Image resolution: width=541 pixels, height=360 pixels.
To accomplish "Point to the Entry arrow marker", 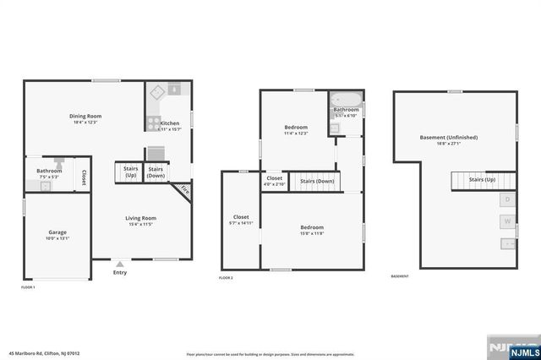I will pos(119,264).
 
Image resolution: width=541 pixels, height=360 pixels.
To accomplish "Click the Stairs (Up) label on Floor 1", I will pos(130,172).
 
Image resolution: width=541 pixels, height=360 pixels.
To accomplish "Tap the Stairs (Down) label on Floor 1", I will pos(156,172).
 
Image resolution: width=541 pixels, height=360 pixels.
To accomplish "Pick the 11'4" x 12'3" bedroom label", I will pos(295,129).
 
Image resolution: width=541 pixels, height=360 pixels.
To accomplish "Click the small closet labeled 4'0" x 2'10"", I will pos(275,180).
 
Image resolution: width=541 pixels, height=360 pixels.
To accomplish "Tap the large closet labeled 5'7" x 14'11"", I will pos(240,220).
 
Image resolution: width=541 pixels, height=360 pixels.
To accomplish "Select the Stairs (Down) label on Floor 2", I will pos(317,181).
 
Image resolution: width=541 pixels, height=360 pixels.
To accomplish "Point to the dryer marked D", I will pos(507,199).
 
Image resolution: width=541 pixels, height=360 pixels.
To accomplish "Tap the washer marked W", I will pos(507,222).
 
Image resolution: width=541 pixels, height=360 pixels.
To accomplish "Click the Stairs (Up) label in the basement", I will pos(482,180).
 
